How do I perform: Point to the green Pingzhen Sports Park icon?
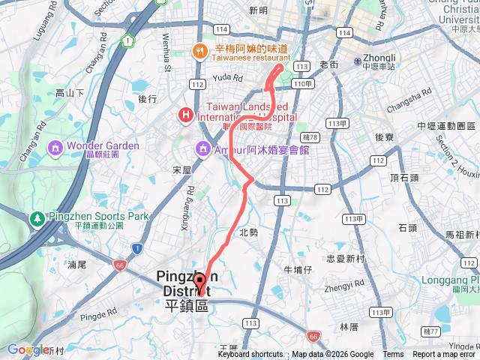[x=35, y=217]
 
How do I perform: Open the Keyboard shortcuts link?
[x=250, y=355]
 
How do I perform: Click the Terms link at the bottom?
[x=393, y=355]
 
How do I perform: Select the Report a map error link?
[x=445, y=355]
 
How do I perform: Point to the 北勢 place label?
[x=248, y=232]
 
